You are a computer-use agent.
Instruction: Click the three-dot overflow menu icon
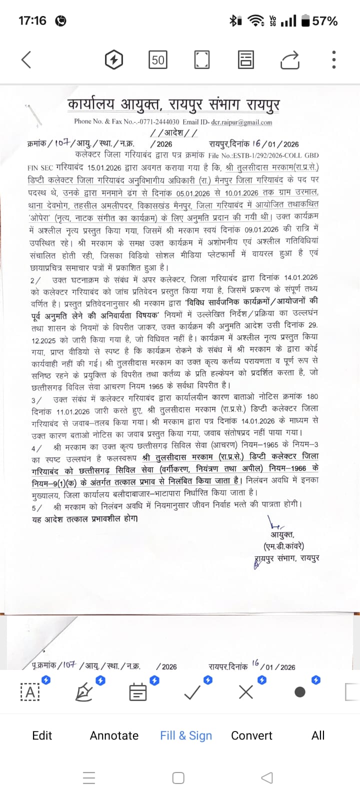[x=333, y=60]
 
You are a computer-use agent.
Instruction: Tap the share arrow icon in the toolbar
[x=289, y=60]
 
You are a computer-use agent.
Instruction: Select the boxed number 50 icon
[x=158, y=60]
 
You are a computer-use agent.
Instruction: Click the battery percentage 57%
[x=324, y=21]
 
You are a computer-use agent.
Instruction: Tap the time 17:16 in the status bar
[x=32, y=21]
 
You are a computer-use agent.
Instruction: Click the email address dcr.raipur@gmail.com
[x=242, y=122]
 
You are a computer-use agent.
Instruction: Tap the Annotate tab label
[x=114, y=735]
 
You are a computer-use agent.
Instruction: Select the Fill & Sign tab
[x=186, y=735]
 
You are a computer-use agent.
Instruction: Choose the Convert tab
[x=251, y=735]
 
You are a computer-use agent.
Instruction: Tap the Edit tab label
[x=42, y=735]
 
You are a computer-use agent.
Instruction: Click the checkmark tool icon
[x=192, y=692]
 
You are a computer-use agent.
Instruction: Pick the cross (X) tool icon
[x=246, y=692]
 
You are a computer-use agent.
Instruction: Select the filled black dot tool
[x=300, y=692]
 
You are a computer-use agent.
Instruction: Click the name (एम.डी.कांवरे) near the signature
[x=283, y=546]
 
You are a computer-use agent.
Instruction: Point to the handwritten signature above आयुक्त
[x=275, y=525]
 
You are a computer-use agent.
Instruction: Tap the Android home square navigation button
[x=178, y=778]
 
